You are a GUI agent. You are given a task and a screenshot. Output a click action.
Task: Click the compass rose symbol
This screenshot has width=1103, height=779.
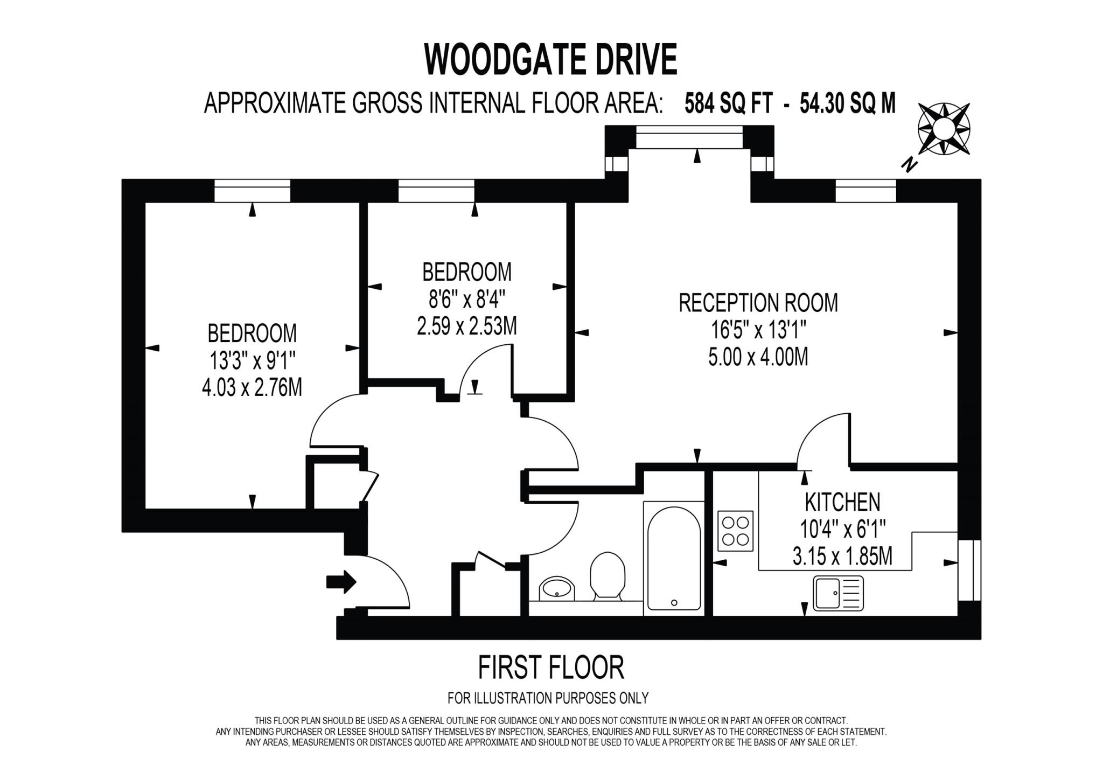click(x=944, y=129)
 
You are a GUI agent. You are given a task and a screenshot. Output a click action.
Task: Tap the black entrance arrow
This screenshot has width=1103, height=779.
click(x=341, y=582)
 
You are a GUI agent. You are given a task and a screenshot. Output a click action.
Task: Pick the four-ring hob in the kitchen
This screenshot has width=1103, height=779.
click(x=735, y=531)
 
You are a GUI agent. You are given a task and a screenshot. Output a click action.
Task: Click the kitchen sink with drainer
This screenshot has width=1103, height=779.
click(x=839, y=593)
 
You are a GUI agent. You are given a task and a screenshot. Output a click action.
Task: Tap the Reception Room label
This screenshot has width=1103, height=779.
click(x=758, y=303)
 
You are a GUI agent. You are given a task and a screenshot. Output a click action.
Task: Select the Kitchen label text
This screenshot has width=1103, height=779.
click(x=842, y=502)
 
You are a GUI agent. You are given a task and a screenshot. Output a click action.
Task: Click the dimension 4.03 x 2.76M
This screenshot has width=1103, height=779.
click(x=252, y=387)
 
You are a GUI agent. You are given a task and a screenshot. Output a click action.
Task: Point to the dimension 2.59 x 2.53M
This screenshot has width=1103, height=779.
click(x=466, y=325)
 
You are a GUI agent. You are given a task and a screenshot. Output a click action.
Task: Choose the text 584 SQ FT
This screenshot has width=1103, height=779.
click(x=728, y=103)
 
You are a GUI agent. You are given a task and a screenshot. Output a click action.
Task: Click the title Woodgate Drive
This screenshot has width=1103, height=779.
click(x=550, y=59)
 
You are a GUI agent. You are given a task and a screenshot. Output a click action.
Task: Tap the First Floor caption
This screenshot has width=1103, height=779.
click(x=550, y=667)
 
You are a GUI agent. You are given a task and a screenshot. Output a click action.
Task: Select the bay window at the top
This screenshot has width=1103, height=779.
click(x=689, y=137)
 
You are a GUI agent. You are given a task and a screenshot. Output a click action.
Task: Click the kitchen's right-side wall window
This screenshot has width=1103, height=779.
click(x=969, y=571)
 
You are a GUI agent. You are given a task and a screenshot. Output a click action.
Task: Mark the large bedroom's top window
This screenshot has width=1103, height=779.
click(x=252, y=191)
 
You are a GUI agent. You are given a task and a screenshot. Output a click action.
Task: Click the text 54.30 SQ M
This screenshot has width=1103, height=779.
click(x=847, y=103)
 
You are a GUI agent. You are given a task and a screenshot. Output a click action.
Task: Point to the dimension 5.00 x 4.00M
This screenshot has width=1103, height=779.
click(x=758, y=357)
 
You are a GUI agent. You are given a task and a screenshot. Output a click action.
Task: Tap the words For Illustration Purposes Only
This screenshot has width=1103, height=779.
click(x=548, y=698)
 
